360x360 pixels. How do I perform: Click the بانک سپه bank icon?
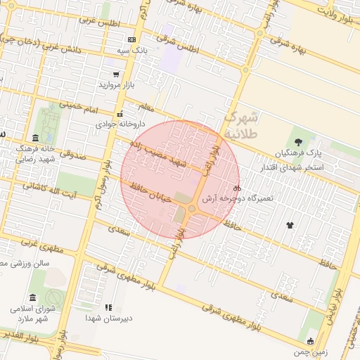(x=131, y=39)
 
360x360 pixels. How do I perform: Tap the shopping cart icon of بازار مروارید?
(x=115, y=74)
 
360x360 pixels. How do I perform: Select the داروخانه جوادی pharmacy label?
(x=120, y=124)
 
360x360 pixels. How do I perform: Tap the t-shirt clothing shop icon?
(x=290, y=225)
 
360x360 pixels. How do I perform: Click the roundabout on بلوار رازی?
(x=192, y=209)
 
